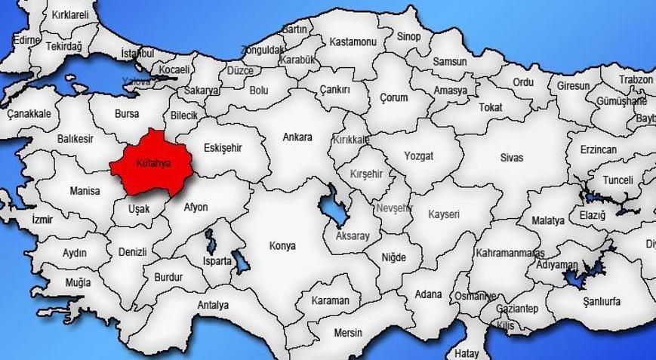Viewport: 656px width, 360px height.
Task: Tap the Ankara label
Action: coord(297,137)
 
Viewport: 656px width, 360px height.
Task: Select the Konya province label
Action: coord(283,246)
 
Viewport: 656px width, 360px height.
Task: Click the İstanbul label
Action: coord(137,54)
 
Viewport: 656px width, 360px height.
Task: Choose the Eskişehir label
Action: coord(223,148)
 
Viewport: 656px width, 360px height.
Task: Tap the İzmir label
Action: coord(43,220)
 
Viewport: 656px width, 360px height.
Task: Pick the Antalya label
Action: coord(213,305)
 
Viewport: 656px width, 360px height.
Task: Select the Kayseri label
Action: coord(444,214)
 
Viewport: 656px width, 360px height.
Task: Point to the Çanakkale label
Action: coord(29,114)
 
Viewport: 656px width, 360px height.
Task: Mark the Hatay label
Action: coord(467,352)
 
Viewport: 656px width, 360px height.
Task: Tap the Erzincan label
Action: coord(599,150)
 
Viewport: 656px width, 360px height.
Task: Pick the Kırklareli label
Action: coord(70,15)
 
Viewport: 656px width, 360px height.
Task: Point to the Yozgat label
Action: coord(418,156)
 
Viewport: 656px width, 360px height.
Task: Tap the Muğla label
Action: coord(78,282)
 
